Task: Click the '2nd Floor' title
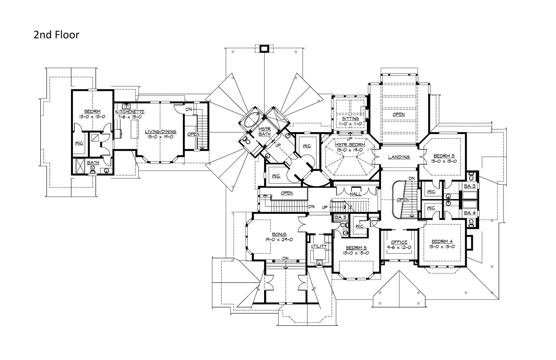click(x=57, y=35)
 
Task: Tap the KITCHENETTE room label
click(x=130, y=112)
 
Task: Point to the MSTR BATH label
click(x=264, y=132)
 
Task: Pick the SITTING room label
click(x=351, y=118)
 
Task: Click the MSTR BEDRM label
click(x=350, y=145)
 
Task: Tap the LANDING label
click(x=399, y=157)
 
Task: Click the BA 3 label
click(x=470, y=186)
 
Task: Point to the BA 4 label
click(x=470, y=213)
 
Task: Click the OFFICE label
click(x=399, y=242)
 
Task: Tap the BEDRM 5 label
click(x=356, y=248)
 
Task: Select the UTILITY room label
click(x=319, y=246)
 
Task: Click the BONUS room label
click(x=279, y=234)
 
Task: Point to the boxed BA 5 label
click(x=341, y=217)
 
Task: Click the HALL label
click(x=356, y=194)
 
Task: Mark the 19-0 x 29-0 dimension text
click(x=279, y=239)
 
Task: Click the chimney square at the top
click(x=264, y=49)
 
